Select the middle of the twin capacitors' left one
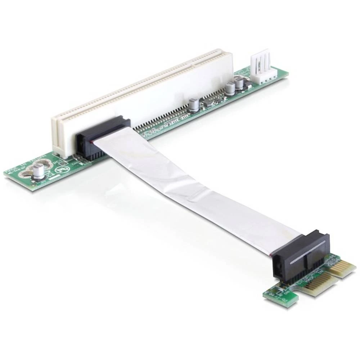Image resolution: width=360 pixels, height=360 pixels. coord(229,87)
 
